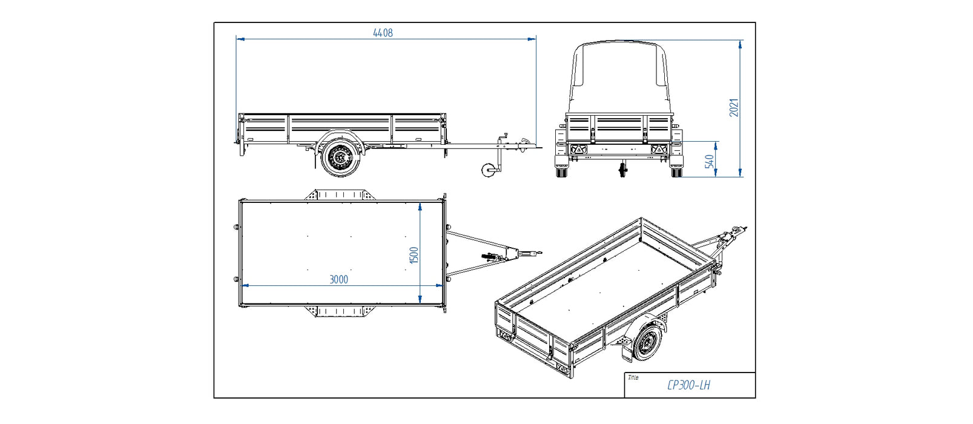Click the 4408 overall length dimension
(x=383, y=33)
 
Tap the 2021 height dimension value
(x=734, y=107)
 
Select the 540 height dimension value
(x=709, y=162)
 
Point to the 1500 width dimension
(x=414, y=255)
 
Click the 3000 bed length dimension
(x=338, y=279)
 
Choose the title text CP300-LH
(x=688, y=385)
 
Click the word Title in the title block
(x=633, y=377)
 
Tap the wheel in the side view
(x=340, y=157)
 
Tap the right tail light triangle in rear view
(x=658, y=149)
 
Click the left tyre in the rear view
(x=562, y=171)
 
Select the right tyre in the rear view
(x=676, y=171)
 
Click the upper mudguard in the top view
(x=340, y=194)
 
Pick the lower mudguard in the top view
(x=340, y=311)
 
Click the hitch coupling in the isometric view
(x=735, y=233)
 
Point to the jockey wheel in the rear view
(x=623, y=170)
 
